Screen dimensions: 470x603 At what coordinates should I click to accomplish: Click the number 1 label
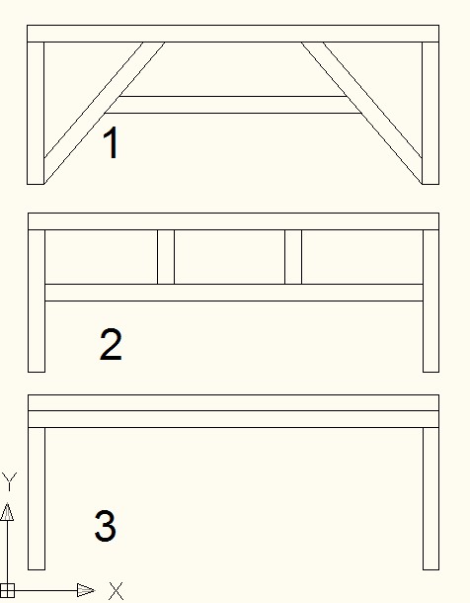111,142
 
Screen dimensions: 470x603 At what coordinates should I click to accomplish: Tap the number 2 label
111,345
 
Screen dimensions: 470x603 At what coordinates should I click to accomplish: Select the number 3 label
106,526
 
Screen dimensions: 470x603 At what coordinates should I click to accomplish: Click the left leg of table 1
36,113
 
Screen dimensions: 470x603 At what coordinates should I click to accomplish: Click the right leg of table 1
431,113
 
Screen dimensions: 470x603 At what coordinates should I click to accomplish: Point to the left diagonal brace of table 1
105,113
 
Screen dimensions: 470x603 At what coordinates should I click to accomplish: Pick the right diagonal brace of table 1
361,113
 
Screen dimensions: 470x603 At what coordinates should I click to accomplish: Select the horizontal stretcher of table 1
233,105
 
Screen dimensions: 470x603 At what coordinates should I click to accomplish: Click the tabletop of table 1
233,34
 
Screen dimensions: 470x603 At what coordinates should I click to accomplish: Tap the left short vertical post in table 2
166,257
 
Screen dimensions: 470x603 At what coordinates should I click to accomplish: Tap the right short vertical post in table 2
293,257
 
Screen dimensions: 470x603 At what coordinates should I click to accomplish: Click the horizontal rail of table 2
234,293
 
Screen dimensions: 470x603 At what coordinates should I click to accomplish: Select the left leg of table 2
37,301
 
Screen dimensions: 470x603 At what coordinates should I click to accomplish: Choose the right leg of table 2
431,301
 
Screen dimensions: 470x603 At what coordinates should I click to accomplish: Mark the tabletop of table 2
233,221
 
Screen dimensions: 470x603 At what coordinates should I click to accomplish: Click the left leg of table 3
37,498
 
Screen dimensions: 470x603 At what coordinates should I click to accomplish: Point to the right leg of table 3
431,498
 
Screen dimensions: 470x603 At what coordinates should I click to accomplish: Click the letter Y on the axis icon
9,482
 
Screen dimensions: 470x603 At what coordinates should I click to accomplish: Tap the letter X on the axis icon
117,591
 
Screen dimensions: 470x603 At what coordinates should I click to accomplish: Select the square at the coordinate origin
7,590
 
